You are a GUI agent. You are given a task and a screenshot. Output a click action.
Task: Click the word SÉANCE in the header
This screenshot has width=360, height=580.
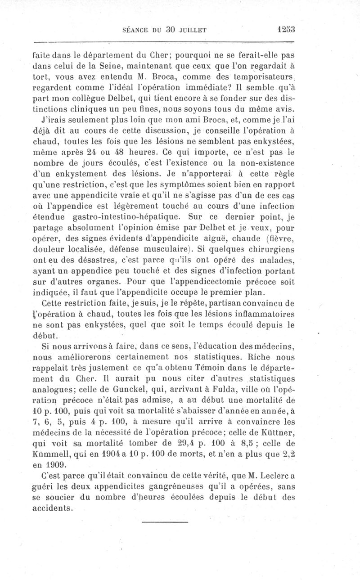(135, 30)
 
